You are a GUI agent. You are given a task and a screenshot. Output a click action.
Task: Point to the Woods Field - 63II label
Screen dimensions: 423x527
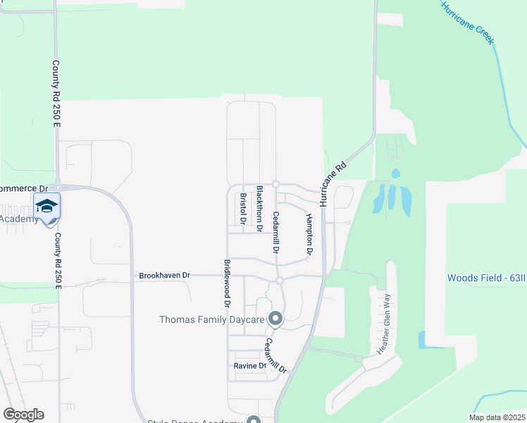click(x=486, y=278)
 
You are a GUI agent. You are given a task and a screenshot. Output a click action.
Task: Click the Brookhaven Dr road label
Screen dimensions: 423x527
click(x=165, y=275)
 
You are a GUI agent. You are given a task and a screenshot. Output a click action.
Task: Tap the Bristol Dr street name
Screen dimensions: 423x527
click(x=242, y=209)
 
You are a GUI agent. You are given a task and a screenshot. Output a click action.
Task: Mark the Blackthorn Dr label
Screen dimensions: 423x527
click(x=259, y=209)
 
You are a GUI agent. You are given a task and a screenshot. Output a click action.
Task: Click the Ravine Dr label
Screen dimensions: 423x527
click(x=250, y=366)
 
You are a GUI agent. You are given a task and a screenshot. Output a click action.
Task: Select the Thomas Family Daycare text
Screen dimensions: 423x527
click(x=211, y=320)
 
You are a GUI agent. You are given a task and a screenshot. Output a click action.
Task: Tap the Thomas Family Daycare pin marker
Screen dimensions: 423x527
click(x=275, y=319)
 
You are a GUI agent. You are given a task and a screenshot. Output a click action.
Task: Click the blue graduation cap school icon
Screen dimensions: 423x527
click(x=46, y=207)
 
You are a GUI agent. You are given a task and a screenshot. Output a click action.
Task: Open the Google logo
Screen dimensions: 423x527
click(x=23, y=415)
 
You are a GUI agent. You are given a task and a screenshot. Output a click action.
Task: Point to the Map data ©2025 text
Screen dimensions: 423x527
click(x=496, y=417)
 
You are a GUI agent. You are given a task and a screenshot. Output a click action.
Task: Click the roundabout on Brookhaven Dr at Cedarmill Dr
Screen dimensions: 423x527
click(x=279, y=281)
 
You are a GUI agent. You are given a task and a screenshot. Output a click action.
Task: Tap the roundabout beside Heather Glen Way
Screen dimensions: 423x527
click(x=359, y=360)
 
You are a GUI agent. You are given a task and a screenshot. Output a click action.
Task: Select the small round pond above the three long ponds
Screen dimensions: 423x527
click(x=395, y=173)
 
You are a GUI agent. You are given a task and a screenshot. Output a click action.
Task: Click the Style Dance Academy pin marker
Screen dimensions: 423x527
click(x=252, y=420)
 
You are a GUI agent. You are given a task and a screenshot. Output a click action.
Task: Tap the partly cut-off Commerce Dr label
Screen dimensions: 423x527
click(x=23, y=189)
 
